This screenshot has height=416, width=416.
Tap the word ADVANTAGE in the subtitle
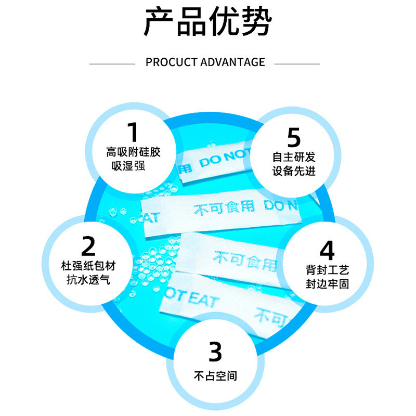[232, 62]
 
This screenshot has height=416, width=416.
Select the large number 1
[133, 132]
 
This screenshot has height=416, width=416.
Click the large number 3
[215, 352]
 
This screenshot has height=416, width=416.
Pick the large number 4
[327, 250]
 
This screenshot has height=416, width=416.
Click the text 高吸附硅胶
[134, 153]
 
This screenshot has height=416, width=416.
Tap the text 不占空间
[215, 375]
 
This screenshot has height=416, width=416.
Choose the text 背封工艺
[327, 270]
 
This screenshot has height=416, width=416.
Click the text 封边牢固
[327, 284]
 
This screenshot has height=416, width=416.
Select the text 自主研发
[294, 157]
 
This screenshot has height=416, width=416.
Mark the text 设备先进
[294, 171]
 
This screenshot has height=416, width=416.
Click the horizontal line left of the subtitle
[112, 63]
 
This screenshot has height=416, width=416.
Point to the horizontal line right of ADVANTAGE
[297, 63]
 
